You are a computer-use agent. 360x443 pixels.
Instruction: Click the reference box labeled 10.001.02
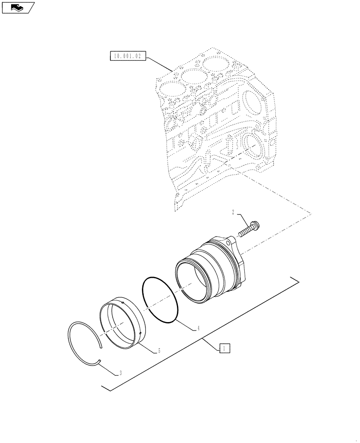[126, 56]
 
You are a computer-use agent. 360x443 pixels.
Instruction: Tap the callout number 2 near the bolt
[232, 213]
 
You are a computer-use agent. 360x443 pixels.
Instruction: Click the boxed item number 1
[224, 349]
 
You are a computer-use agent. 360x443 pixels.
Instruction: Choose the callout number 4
[198, 329]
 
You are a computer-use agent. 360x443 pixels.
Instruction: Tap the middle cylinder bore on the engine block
[194, 80]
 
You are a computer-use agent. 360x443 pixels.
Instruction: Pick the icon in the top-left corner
[18, 7]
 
